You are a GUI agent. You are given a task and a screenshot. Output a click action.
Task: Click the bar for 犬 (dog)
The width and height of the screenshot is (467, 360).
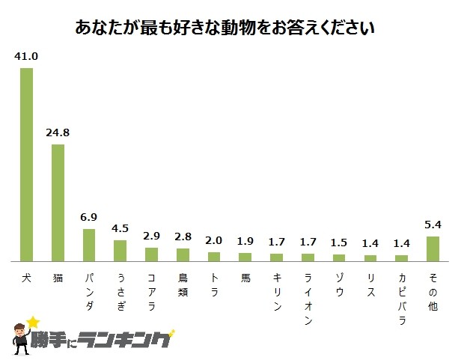click(x=26, y=164)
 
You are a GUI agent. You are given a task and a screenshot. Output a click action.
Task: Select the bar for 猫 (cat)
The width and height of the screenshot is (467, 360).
click(x=58, y=202)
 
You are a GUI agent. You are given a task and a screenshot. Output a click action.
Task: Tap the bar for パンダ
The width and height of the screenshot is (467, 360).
click(x=89, y=245)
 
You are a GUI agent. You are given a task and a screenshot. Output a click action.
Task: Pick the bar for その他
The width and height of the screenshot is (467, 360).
click(x=433, y=248)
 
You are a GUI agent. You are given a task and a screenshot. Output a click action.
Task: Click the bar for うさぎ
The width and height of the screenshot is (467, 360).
click(x=120, y=250)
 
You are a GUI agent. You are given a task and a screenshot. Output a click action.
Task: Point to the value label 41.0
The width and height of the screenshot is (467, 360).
click(x=26, y=57)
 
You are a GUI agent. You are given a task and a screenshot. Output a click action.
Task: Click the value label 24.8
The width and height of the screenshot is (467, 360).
click(x=58, y=133)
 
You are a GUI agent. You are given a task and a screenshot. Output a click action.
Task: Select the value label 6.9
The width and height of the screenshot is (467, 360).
click(x=89, y=218)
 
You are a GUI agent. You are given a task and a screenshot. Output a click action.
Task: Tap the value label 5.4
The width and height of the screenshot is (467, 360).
click(x=433, y=225)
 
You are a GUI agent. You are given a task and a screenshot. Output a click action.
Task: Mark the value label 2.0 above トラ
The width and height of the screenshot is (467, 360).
click(x=214, y=240)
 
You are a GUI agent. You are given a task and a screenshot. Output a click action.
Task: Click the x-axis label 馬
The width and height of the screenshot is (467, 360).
click(x=245, y=276)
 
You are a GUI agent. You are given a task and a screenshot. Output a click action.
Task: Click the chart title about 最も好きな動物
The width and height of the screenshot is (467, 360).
click(x=225, y=28)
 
